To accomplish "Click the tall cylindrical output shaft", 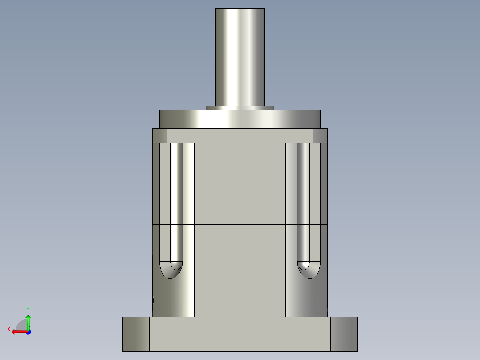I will coord(240,57).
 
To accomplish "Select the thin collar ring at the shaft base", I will coord(240,108).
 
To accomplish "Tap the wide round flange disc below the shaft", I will coord(240,119).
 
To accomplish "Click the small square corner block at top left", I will coord(159,136).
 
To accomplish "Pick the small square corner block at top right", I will coord(320,136).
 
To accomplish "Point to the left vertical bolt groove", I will coord(176,200).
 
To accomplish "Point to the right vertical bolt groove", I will coord(303,200).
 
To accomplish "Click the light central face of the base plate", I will coord(240,334).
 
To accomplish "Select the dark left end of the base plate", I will coord(136,334).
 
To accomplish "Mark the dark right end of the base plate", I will coord(344,334).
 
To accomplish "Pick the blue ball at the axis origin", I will coord(28,332).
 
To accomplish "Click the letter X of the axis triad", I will coord(8,329).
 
